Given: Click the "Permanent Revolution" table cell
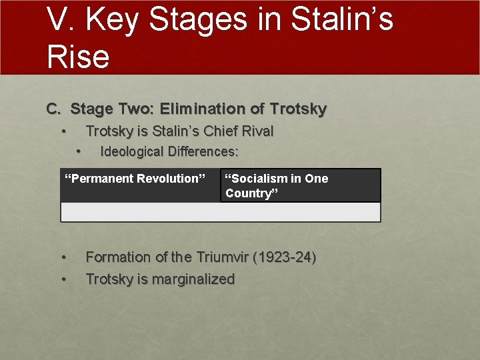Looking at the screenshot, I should point(140,185).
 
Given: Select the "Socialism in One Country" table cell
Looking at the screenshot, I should point(300,185).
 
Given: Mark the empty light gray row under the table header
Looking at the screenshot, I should point(220,212).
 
